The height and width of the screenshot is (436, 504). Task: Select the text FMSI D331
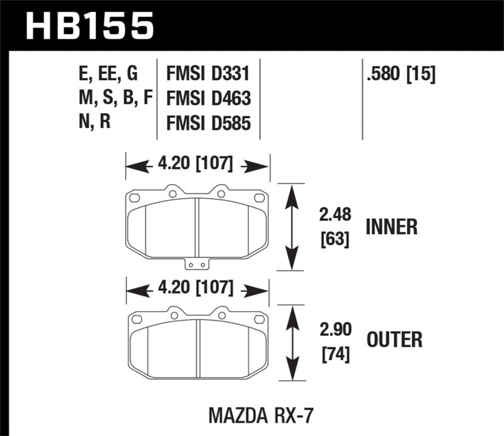pos(208,75)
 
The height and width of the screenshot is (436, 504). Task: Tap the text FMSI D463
pos(208,98)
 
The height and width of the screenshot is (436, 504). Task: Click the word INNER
pos(391,227)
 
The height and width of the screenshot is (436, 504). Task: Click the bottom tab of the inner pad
pos(198,264)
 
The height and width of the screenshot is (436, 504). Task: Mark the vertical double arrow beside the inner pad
pos(290,227)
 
